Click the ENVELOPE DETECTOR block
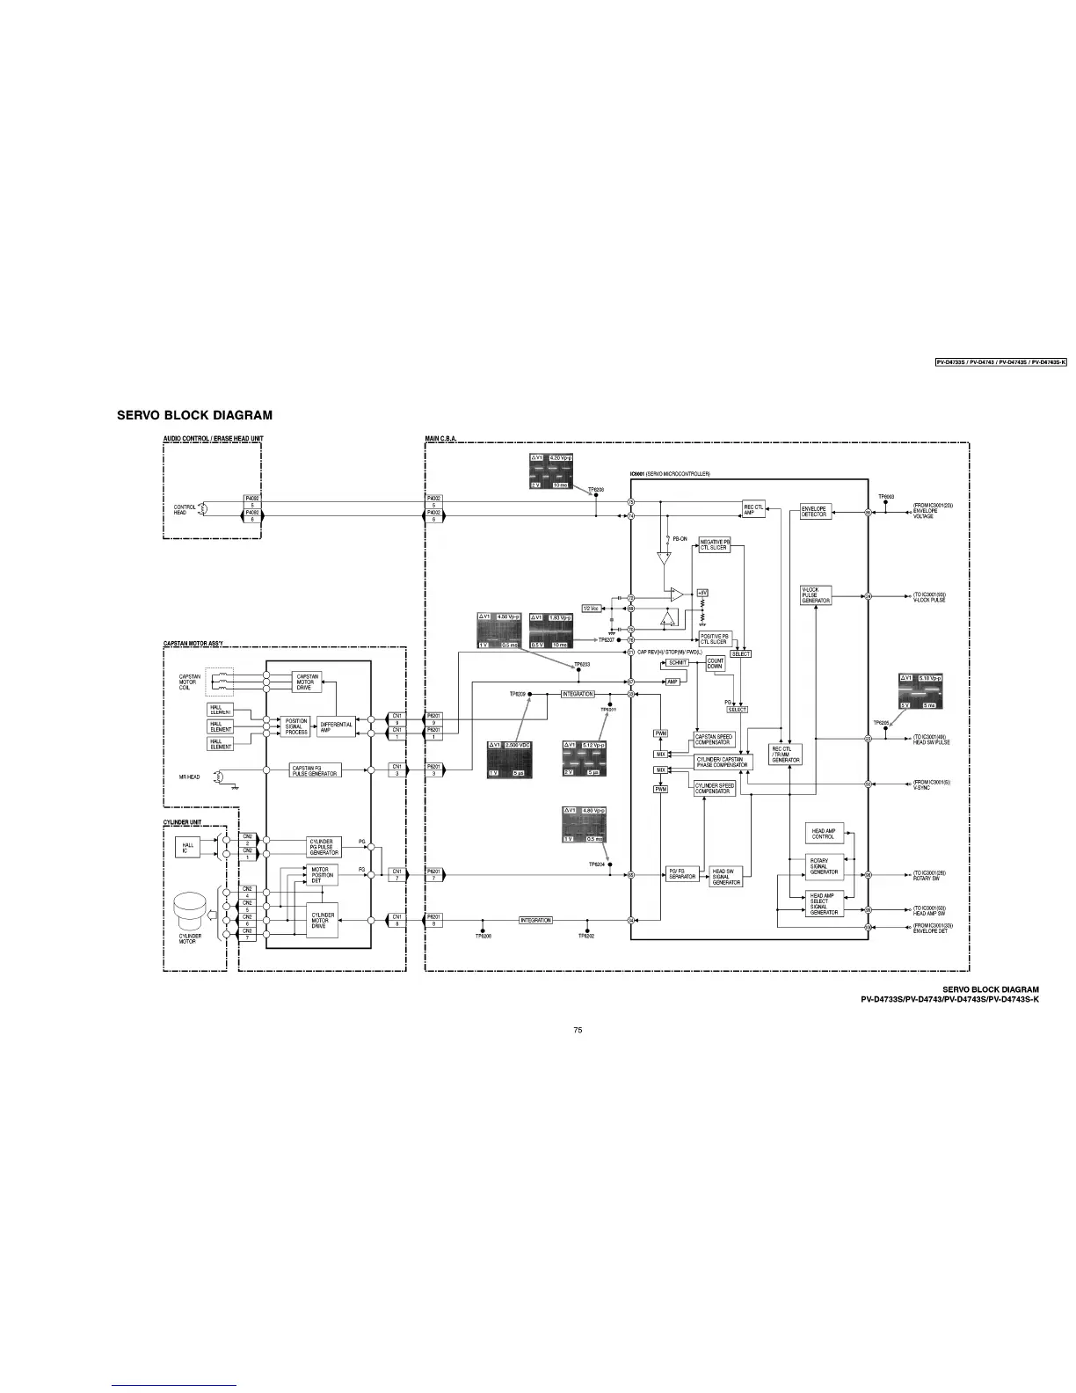tap(814, 512)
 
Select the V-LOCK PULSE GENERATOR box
tap(816, 595)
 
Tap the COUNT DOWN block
tap(716, 664)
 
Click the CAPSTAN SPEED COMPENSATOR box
tap(714, 740)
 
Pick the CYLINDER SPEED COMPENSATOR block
tap(715, 789)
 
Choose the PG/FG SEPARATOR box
tap(681, 874)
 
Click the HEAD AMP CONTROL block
tap(824, 834)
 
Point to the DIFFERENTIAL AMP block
tap(336, 727)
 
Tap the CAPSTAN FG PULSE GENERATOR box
tap(315, 771)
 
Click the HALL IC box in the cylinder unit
tap(187, 847)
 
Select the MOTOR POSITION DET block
tap(322, 875)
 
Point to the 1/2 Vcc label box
tap(592, 608)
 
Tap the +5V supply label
tap(702, 593)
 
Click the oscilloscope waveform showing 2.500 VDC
tap(510, 759)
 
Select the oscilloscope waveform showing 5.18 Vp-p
tap(920, 691)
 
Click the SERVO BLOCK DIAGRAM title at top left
tap(194, 415)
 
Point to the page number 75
tap(578, 1030)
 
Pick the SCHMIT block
tap(678, 662)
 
